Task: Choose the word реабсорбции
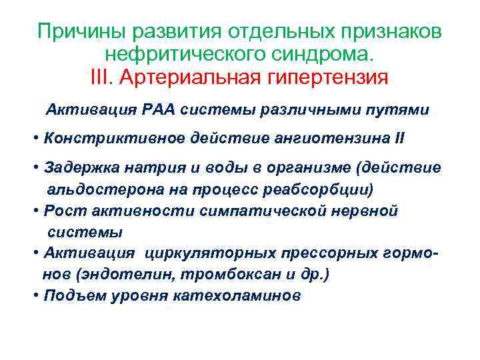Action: tap(324, 189)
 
